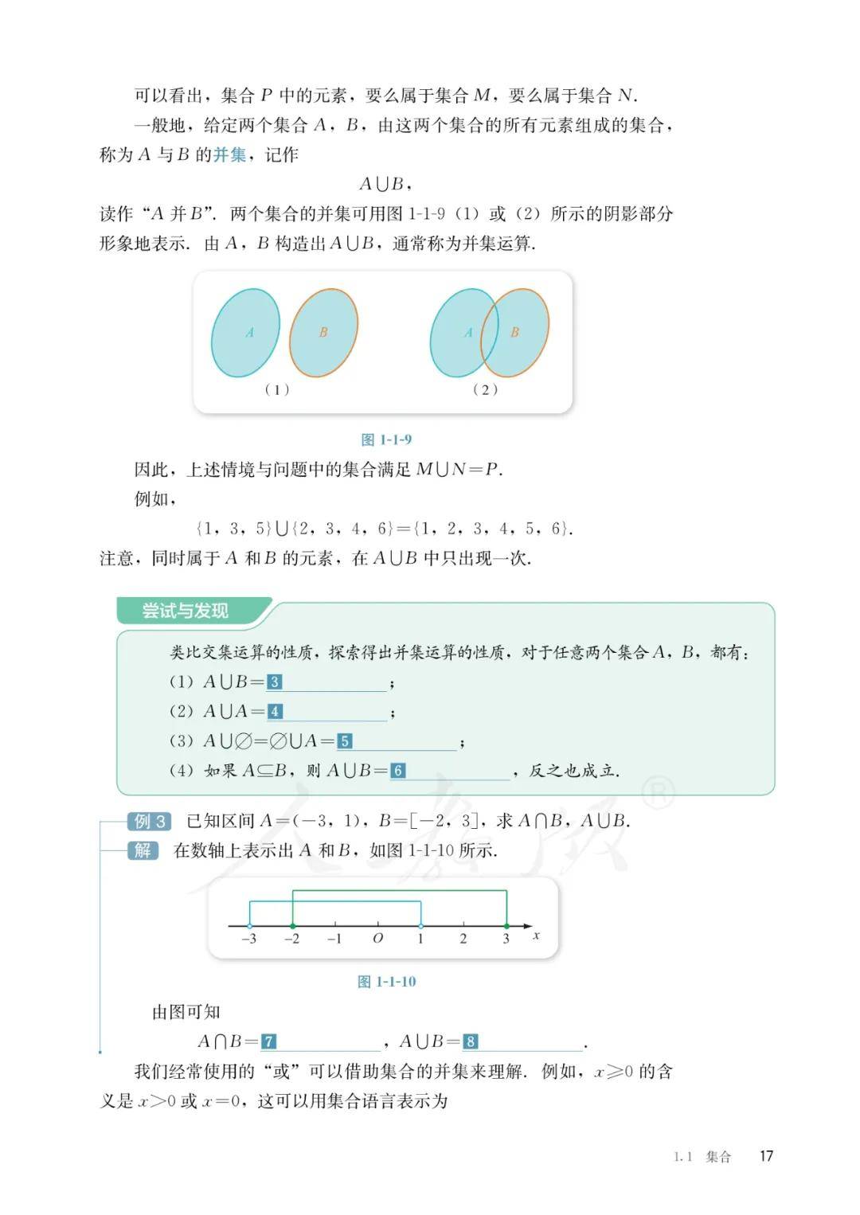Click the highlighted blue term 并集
(229, 154)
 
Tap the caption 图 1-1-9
(386, 440)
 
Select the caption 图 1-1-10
(387, 982)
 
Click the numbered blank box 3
(274, 682)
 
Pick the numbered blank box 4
(275, 711)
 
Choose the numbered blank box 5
(344, 741)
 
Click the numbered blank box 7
(269, 1041)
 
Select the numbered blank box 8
(471, 1041)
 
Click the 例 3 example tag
(150, 821)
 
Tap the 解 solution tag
(143, 850)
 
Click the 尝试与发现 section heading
(186, 611)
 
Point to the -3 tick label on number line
(248, 939)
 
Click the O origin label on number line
(377, 939)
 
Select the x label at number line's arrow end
(536, 936)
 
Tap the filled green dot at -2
(293, 926)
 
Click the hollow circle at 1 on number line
(421, 926)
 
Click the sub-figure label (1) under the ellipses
(277, 389)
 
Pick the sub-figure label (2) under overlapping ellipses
(485, 389)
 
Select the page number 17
(766, 1156)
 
